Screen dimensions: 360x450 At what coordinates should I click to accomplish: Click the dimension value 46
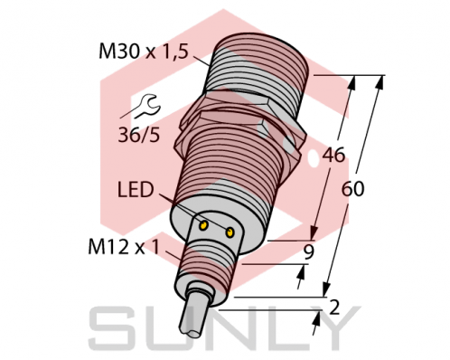[x=334, y=156]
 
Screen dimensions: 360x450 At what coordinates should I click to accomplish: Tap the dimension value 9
[x=308, y=254]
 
